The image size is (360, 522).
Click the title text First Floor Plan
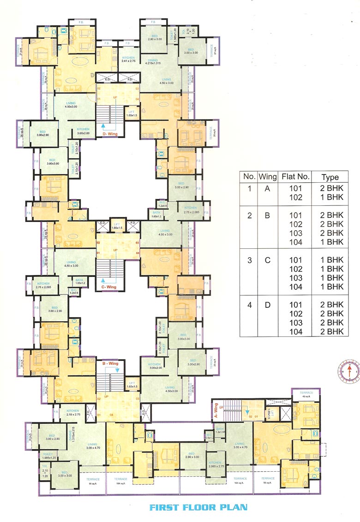point(198,507)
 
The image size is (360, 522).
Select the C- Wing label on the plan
point(109,287)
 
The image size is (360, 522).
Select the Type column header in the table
point(330,177)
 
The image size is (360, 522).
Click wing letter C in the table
point(267,260)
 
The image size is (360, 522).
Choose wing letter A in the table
point(267,188)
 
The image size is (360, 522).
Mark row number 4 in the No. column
point(249,305)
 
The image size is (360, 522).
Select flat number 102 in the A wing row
point(295,197)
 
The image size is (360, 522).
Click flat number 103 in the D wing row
point(295,323)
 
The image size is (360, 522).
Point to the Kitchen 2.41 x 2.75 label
point(128,59)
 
